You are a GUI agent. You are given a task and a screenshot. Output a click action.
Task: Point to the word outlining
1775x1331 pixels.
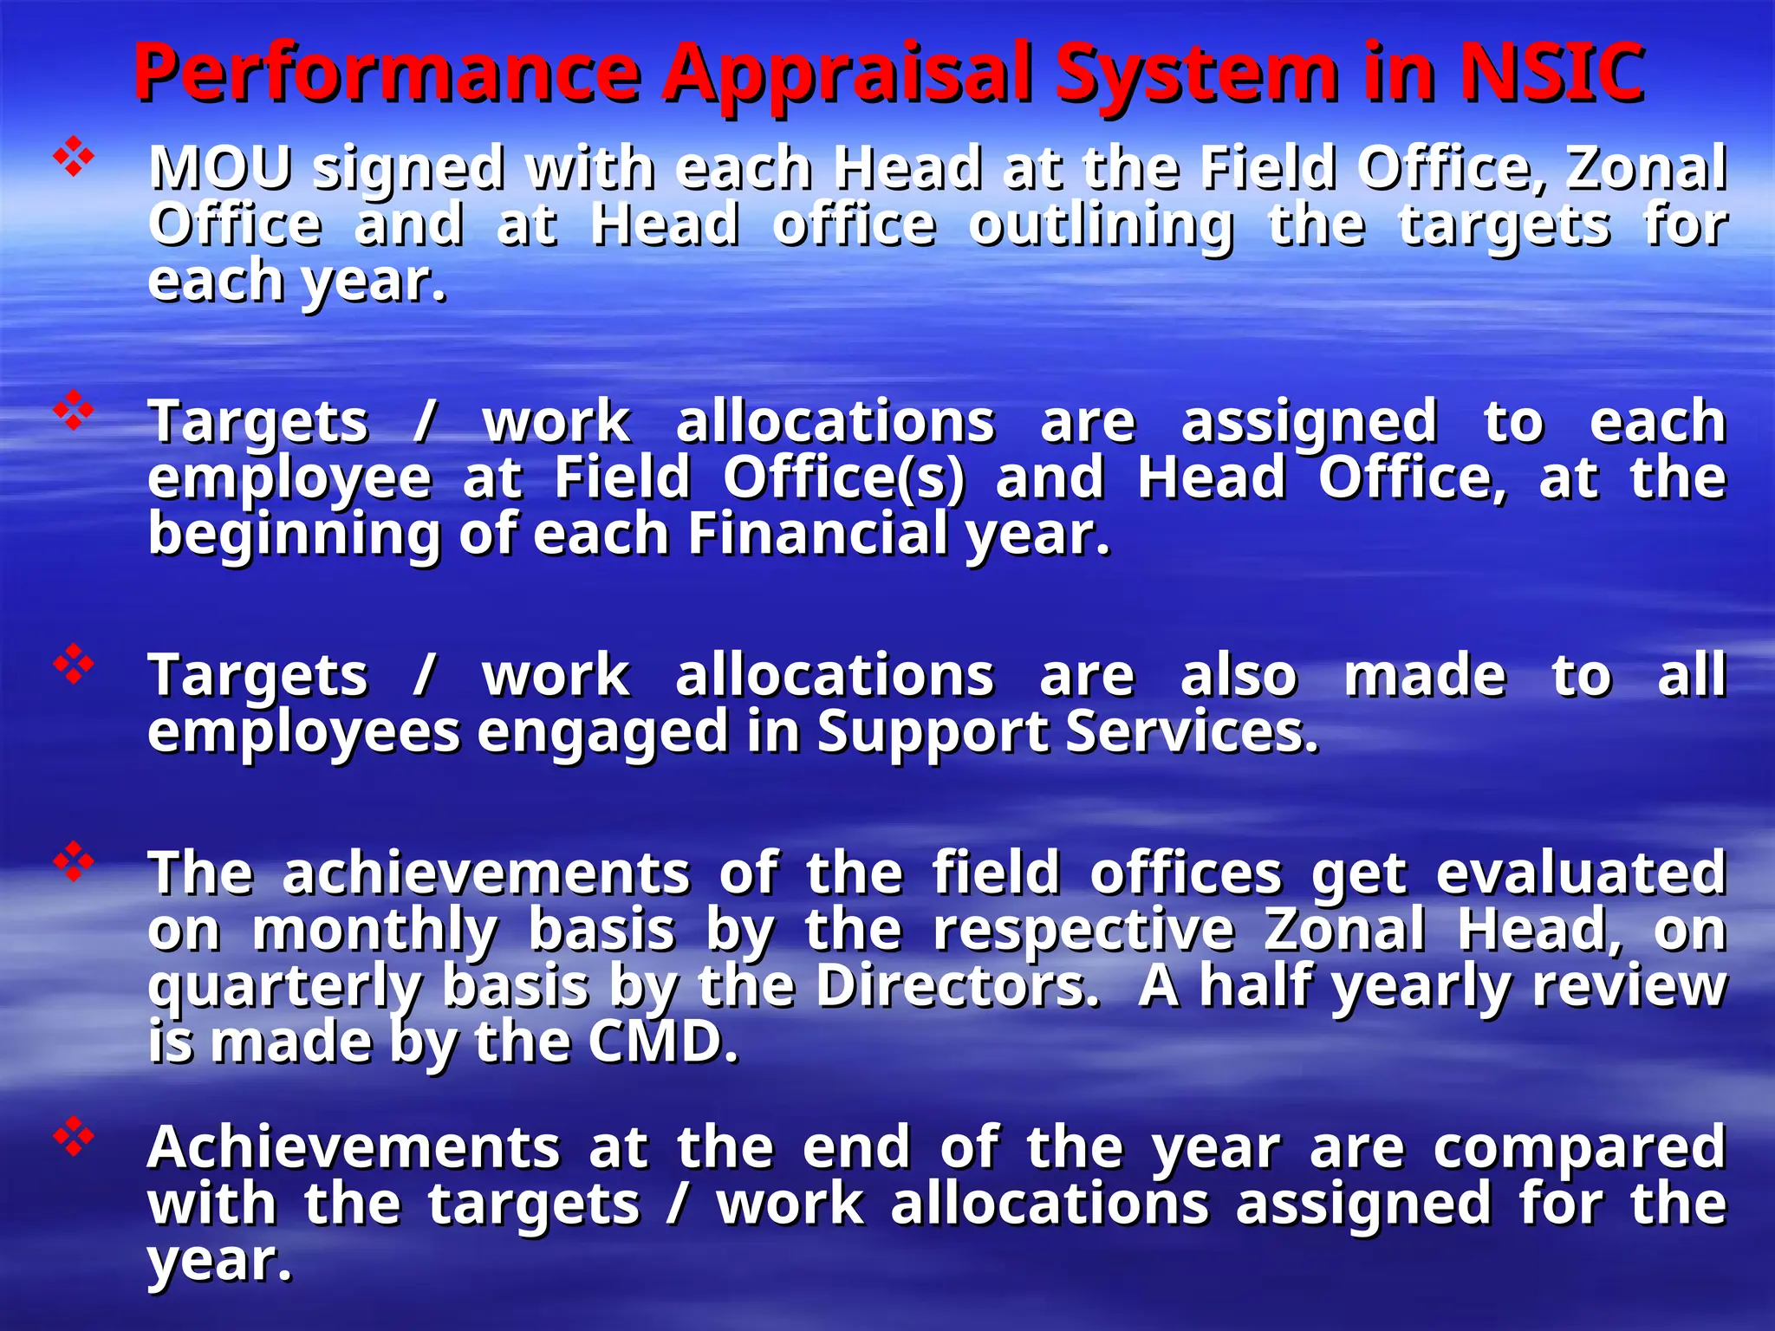[x=1101, y=225]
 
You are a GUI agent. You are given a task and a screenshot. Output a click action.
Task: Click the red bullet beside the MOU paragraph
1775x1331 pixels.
[x=74, y=156]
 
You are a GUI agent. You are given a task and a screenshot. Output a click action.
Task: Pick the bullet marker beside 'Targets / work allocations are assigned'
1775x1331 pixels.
[x=74, y=410]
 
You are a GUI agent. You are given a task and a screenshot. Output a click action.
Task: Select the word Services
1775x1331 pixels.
[x=1191, y=731]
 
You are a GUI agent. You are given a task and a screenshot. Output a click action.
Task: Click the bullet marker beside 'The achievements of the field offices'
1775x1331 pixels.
[x=74, y=860]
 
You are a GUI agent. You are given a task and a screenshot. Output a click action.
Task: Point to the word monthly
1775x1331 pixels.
[x=375, y=931]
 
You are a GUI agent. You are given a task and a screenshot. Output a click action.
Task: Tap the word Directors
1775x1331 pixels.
[x=958, y=986]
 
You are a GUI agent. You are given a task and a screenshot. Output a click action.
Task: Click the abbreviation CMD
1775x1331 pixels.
[x=663, y=1042]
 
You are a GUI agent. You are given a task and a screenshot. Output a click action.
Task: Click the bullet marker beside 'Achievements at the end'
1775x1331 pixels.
[x=74, y=1136]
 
